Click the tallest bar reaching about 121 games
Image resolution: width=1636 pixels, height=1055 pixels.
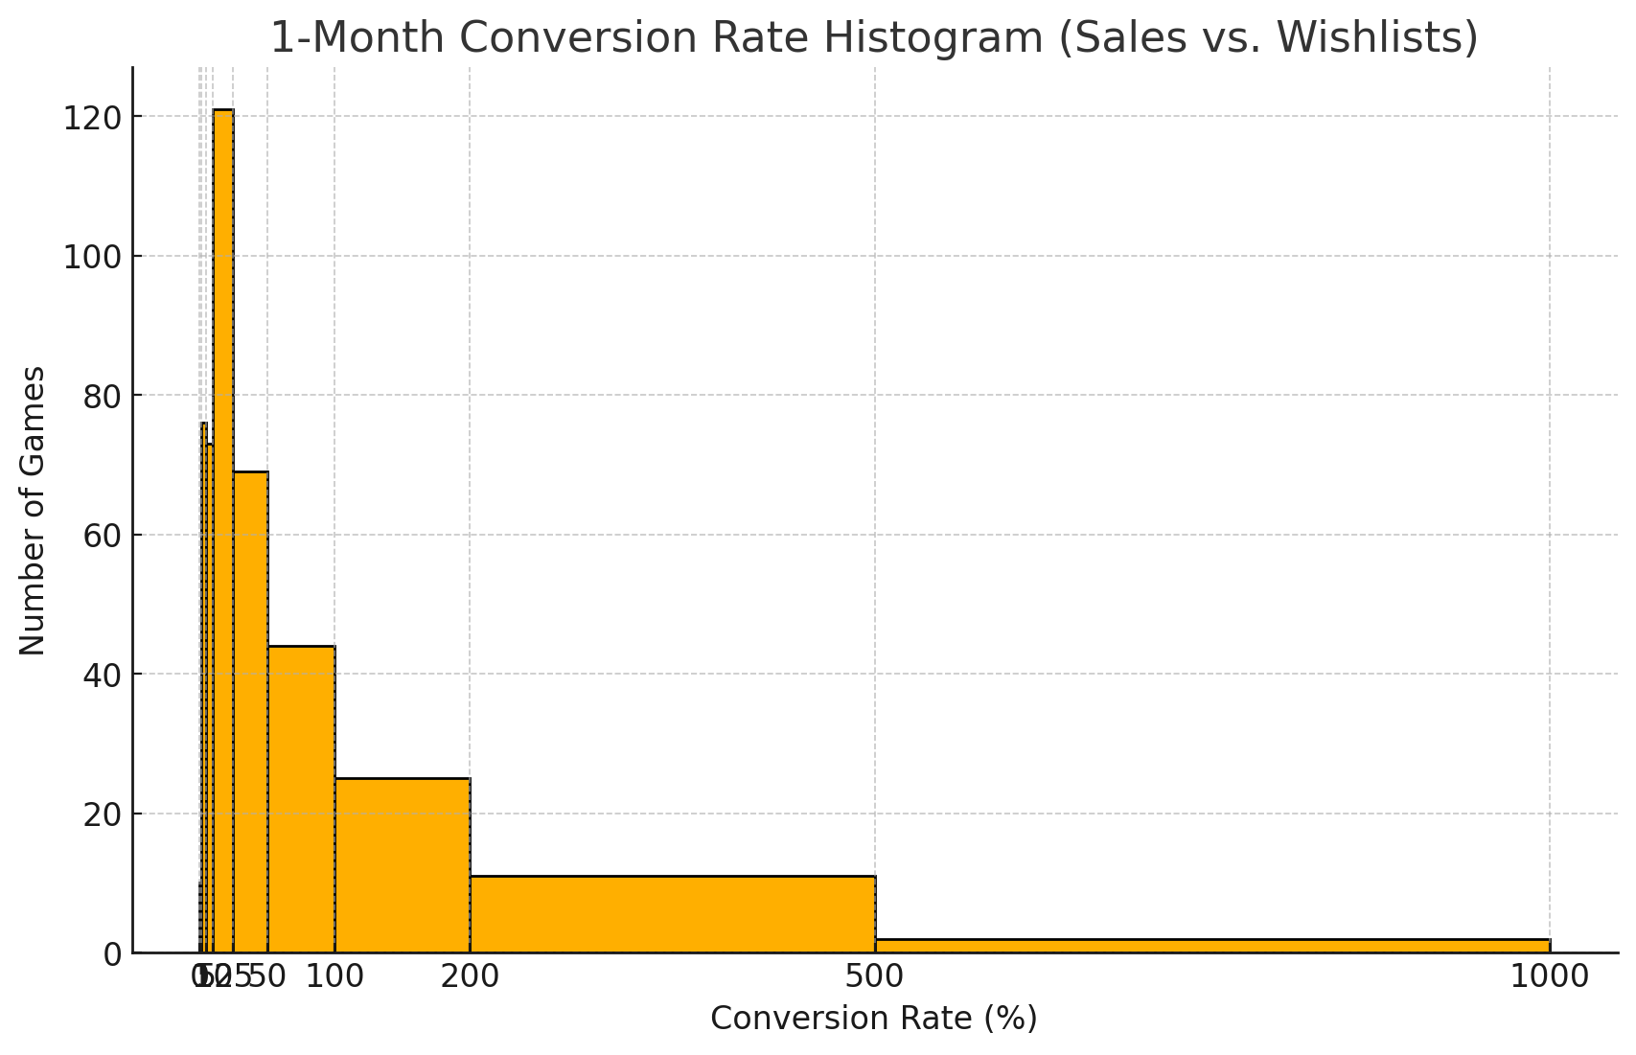(222, 527)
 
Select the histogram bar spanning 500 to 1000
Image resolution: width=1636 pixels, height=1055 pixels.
(1211, 946)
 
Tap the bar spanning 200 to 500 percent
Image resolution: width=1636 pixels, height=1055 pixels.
(672, 914)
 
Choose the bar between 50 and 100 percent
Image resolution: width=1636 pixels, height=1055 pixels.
(301, 799)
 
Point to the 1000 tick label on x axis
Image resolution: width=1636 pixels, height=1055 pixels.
(1549, 977)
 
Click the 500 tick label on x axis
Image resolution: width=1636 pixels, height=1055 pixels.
(875, 977)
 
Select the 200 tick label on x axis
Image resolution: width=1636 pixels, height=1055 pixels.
(470, 977)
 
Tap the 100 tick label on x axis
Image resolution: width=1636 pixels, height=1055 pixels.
(334, 977)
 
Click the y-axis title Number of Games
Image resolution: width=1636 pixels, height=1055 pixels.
(33, 511)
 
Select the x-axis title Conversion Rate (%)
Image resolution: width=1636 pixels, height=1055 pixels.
(873, 1019)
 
